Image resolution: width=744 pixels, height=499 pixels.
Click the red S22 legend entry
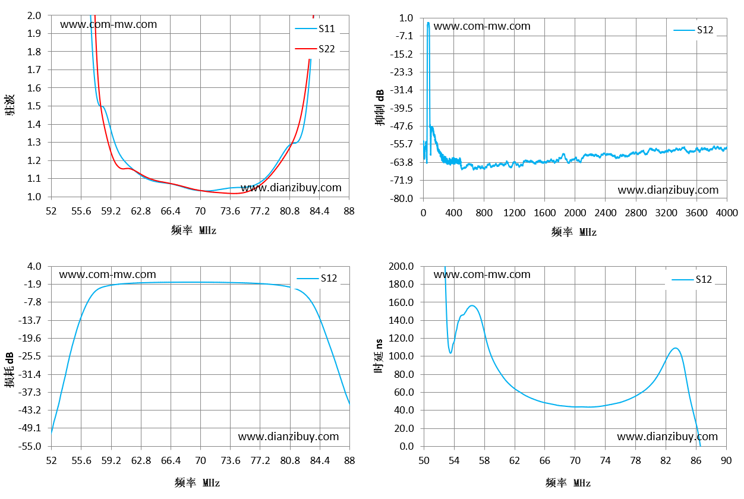click(x=315, y=49)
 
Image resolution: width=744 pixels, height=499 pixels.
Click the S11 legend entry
click(x=315, y=29)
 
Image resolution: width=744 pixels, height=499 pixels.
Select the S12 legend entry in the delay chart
click(x=692, y=279)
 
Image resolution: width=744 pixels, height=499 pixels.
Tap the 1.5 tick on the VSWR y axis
click(x=34, y=106)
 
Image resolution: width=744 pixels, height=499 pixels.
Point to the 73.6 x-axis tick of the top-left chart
click(x=230, y=211)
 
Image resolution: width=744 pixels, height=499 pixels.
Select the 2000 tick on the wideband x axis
click(x=575, y=213)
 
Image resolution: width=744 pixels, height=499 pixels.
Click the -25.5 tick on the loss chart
click(x=30, y=356)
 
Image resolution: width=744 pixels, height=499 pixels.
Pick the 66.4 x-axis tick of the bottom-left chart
click(x=171, y=460)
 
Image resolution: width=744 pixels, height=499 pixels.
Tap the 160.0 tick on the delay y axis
click(x=401, y=302)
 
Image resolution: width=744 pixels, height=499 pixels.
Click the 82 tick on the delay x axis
click(x=666, y=460)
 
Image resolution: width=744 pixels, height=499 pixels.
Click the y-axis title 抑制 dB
click(x=380, y=108)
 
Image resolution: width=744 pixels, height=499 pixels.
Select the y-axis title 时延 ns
click(x=379, y=356)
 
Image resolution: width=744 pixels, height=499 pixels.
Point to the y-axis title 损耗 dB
click(x=10, y=369)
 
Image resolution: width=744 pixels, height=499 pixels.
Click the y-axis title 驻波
click(x=10, y=105)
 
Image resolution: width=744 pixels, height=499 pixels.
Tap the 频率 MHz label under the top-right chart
click(x=574, y=232)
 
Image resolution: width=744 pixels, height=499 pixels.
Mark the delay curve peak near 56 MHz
click(x=472, y=305)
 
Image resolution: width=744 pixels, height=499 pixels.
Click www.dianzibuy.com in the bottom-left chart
click(x=288, y=436)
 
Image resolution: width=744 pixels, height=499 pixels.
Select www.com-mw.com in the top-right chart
click(x=482, y=26)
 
